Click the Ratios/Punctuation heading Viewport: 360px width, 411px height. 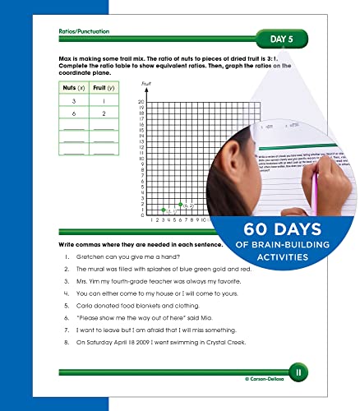click(84, 30)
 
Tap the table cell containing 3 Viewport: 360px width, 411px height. click(75, 100)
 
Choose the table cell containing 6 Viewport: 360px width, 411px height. click(75, 115)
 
